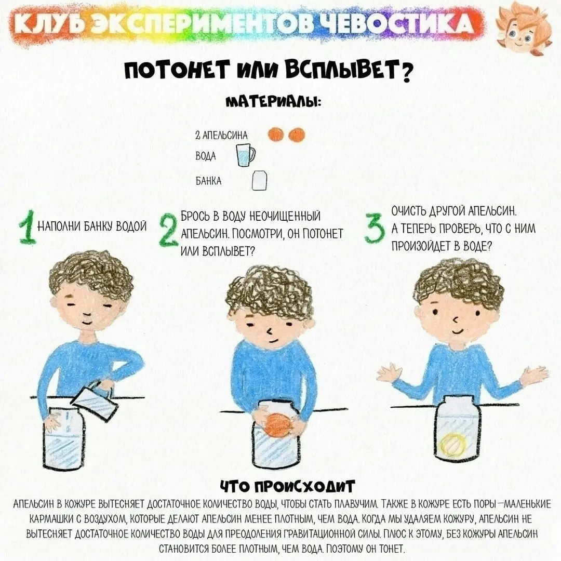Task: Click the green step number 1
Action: [28, 228]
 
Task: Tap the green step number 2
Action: [168, 230]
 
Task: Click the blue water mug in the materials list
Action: [245, 155]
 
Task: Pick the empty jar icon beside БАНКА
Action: [259, 181]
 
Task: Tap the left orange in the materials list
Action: [276, 135]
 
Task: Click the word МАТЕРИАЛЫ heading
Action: [273, 101]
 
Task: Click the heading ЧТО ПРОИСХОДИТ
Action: [287, 486]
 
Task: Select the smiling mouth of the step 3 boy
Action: [457, 330]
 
